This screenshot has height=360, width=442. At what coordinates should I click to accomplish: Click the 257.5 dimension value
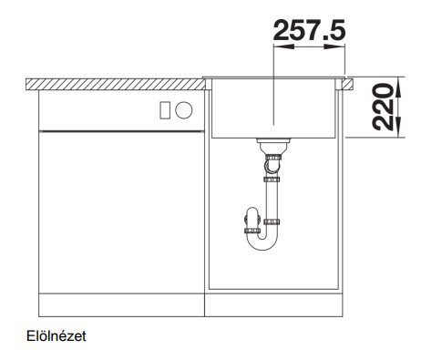(x=309, y=30)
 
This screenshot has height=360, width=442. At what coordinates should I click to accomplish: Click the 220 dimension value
(x=383, y=107)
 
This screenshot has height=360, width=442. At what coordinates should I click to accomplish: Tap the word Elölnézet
(x=57, y=336)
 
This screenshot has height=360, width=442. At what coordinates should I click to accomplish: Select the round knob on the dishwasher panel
(x=184, y=109)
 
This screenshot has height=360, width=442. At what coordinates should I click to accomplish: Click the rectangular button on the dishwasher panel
(x=165, y=109)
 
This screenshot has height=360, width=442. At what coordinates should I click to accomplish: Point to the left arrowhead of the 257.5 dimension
(x=283, y=46)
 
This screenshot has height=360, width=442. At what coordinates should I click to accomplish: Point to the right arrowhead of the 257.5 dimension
(x=334, y=46)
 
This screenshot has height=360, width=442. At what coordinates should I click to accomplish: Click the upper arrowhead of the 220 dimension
(x=399, y=87)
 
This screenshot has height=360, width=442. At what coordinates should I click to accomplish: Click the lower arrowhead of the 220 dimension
(x=399, y=127)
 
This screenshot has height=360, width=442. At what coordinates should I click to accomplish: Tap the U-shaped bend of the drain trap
(x=262, y=247)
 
